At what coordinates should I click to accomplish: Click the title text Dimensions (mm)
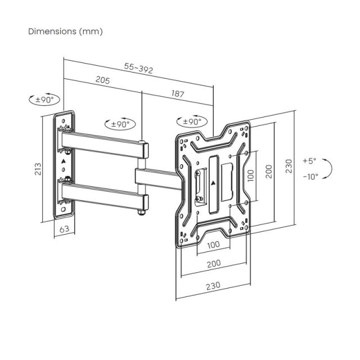[65, 31]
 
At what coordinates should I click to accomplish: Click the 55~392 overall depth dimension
[139, 68]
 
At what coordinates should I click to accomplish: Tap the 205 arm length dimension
[102, 80]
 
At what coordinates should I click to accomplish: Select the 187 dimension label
[177, 94]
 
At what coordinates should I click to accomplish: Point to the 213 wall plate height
[37, 169]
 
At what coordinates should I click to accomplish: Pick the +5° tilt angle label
[309, 160]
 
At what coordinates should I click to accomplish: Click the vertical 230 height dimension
[288, 166]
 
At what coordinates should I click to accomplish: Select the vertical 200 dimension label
[269, 171]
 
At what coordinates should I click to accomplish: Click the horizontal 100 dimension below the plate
[213, 245]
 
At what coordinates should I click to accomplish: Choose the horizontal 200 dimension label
[213, 264]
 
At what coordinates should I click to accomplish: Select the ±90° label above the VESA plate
[192, 121]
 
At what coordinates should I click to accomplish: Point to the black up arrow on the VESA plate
[213, 183]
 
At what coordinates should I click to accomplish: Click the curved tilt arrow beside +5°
[331, 168]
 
